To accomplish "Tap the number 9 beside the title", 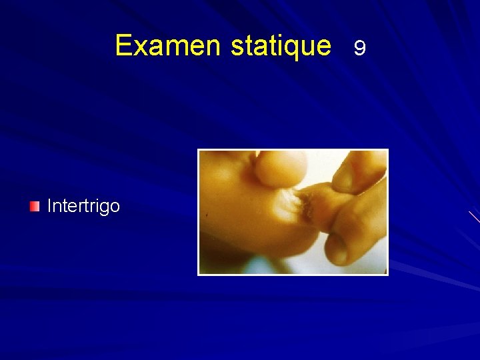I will pos(359,48).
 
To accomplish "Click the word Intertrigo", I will pos(83,206).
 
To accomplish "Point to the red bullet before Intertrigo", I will pos(35,207).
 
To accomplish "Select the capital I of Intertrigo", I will pos(49,206).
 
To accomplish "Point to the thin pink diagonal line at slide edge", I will pos(474,217).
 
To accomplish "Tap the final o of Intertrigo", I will pos(115,207).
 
